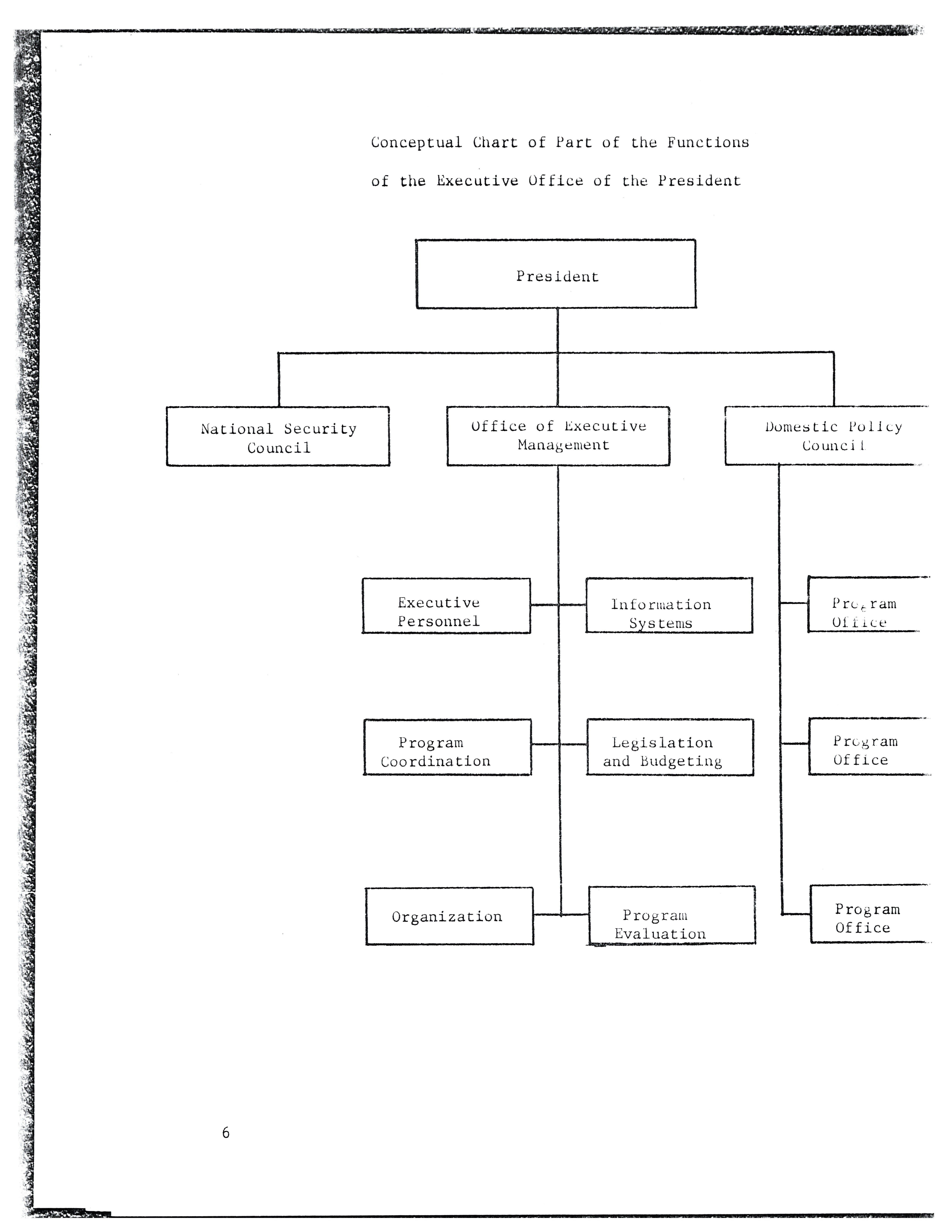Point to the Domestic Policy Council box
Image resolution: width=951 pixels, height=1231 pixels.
[825, 436]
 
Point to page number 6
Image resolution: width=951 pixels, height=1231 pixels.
[226, 1132]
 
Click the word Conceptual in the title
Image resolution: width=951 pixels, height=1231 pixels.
[416, 143]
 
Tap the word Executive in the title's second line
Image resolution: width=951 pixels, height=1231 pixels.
[477, 181]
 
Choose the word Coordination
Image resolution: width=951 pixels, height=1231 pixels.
[435, 762]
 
